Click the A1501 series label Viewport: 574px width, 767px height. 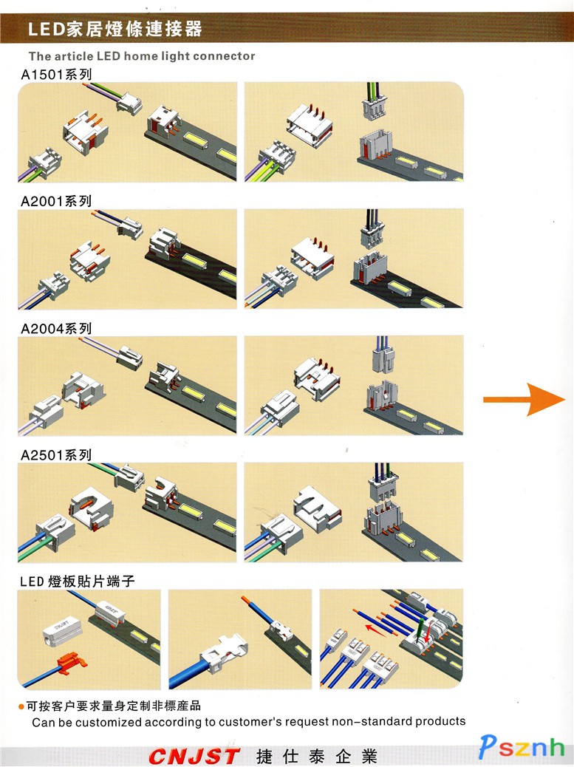(x=56, y=74)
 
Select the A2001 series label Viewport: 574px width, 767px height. (x=56, y=201)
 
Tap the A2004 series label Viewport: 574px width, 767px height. (x=56, y=328)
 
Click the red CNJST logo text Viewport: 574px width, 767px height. (x=194, y=756)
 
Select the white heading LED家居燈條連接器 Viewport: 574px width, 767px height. (x=115, y=30)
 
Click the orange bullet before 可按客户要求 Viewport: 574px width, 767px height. (x=21, y=707)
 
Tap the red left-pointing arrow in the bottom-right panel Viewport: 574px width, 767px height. (x=379, y=630)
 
